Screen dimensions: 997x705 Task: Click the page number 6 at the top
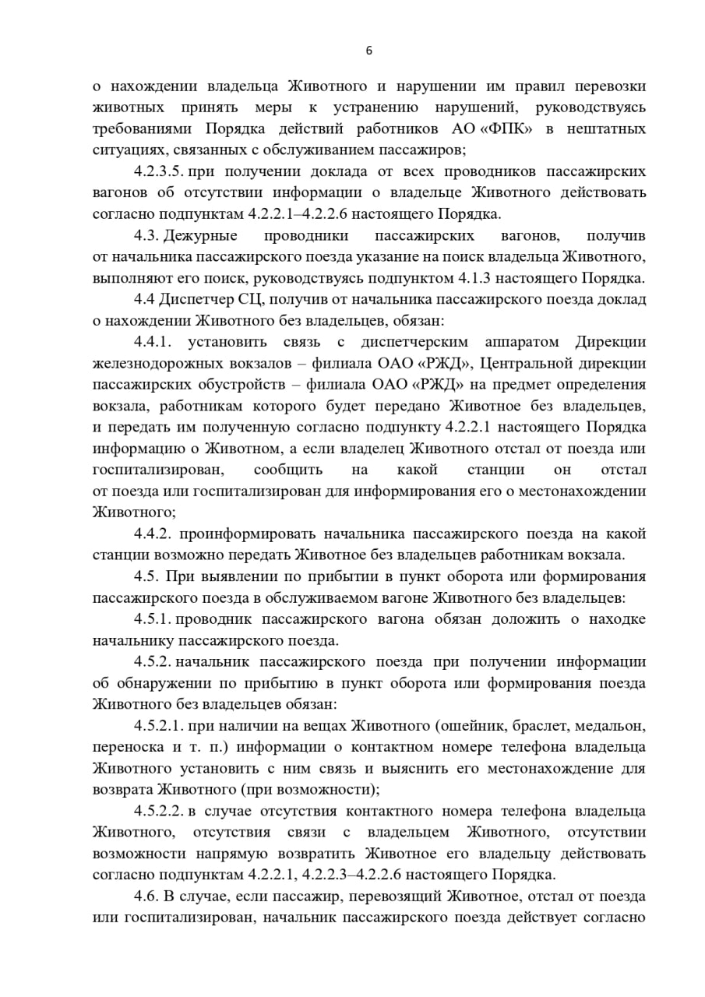coord(368,51)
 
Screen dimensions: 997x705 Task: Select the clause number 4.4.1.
coord(157,342)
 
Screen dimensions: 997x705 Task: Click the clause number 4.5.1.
coord(153,619)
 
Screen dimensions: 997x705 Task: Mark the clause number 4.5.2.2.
coord(159,811)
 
